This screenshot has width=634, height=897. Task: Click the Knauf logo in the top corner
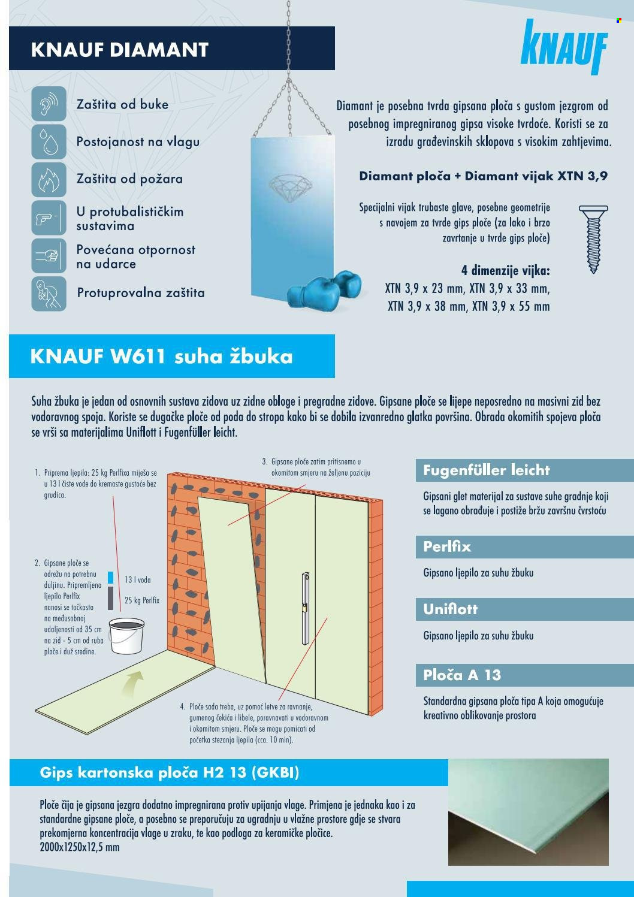click(564, 47)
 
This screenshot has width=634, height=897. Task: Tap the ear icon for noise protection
click(49, 103)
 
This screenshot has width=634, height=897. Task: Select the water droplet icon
click(49, 141)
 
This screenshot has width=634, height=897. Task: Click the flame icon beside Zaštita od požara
click(49, 179)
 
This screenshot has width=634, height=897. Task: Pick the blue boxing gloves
click(324, 289)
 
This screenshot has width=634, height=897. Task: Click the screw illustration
click(593, 239)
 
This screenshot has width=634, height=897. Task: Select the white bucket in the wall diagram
click(126, 636)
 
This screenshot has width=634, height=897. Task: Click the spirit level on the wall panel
click(306, 608)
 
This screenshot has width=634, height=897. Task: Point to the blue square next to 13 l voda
click(110, 578)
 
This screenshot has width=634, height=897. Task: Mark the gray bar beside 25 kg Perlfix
click(110, 598)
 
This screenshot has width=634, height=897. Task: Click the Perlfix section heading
click(447, 546)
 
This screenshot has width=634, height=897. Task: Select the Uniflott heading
click(451, 609)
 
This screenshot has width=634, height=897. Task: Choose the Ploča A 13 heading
click(462, 675)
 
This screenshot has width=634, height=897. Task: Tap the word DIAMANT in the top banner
click(159, 50)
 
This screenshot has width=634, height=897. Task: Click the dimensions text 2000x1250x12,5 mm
click(80, 847)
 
